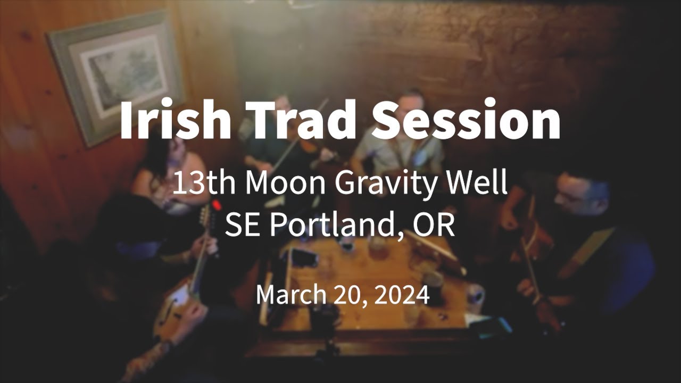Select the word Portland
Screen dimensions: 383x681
pos(335,226)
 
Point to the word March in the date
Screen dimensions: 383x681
pos(292,295)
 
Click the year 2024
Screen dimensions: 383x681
pos(402,295)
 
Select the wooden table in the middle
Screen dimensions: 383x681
pos(372,282)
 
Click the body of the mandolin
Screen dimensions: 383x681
pos(178,314)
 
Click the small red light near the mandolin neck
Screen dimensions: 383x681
pos(216,204)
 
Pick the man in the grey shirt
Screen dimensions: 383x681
pos(399,149)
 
